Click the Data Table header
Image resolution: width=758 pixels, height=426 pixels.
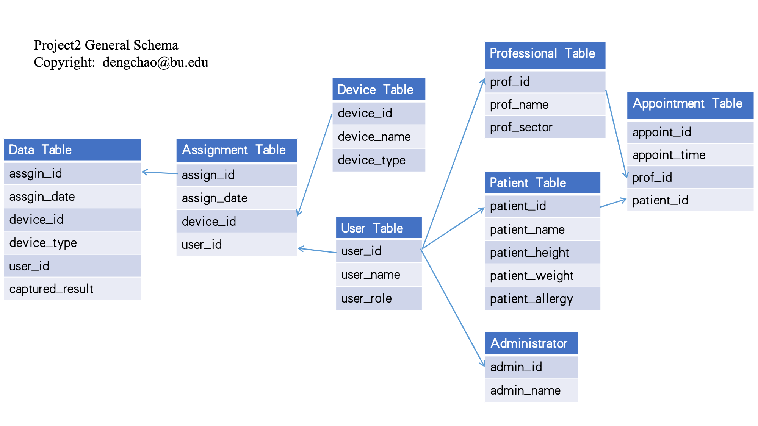pos(72,150)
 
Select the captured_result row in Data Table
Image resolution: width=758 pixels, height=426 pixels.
pos(72,289)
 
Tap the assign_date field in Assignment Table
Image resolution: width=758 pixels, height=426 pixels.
pos(236,198)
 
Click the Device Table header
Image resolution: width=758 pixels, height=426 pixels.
pos(379,90)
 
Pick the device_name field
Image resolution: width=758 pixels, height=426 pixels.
pos(379,137)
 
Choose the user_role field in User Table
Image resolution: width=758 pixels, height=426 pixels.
pos(379,298)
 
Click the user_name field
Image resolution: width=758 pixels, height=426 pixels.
pos(379,275)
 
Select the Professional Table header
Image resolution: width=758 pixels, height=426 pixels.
pos(545,54)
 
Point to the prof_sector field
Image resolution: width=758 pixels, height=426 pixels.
pos(545,127)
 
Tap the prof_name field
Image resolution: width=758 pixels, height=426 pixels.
pos(545,105)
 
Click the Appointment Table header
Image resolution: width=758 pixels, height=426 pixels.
pos(690,104)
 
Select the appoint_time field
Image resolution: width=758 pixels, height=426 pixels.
pos(690,155)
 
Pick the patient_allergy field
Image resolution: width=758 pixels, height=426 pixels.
pos(542,299)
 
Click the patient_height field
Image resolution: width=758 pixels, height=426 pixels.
pos(542,253)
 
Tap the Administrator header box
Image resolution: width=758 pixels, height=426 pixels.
pos(531,343)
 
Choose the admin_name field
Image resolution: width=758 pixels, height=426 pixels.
pos(531,390)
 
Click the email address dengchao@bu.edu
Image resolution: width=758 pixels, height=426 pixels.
pos(155,62)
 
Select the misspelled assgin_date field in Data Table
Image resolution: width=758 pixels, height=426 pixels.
pos(72,197)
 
